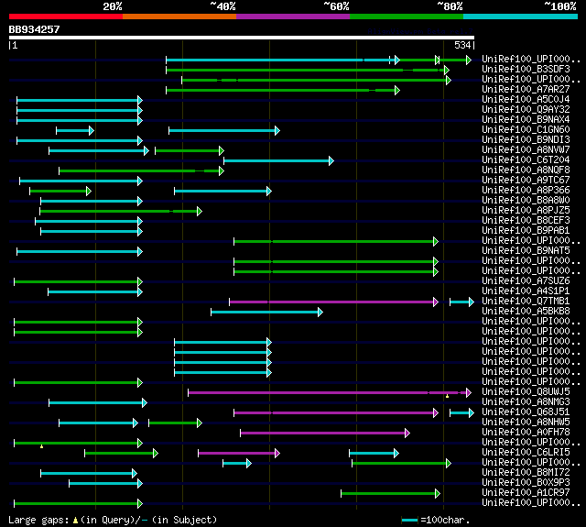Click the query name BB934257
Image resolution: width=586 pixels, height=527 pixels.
[x=34, y=29]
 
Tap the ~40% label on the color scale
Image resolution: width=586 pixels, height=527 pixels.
[x=222, y=5]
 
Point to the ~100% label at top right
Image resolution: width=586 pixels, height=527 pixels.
[x=560, y=5]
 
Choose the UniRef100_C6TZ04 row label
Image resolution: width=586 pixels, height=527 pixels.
[x=526, y=160]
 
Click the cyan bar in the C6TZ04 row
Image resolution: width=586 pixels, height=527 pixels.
[x=278, y=160]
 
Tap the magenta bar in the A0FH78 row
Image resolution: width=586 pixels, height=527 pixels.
[x=325, y=433]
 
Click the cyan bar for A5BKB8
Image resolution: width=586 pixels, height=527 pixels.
[x=266, y=312]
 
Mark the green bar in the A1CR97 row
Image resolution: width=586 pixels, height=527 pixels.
[x=392, y=493]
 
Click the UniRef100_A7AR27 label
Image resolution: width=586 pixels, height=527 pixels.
[x=526, y=90]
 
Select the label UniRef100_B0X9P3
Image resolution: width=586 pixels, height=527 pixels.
[x=526, y=483]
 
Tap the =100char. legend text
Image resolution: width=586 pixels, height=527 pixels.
[x=450, y=520]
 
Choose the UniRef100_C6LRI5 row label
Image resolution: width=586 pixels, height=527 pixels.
[x=526, y=453]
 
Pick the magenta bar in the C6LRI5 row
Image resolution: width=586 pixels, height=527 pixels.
[x=238, y=453]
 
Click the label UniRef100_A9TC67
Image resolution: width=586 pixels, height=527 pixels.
[x=526, y=181]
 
